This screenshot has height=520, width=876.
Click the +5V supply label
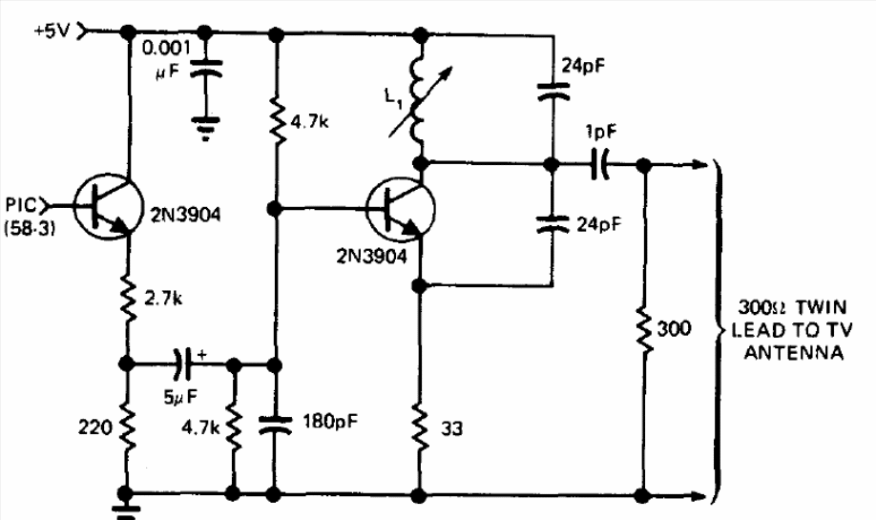(x=52, y=31)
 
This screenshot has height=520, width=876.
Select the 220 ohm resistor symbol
(x=128, y=427)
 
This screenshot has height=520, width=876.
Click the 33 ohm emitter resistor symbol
(x=420, y=427)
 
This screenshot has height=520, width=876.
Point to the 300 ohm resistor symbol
(x=644, y=331)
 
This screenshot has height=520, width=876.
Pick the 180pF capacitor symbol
(x=274, y=425)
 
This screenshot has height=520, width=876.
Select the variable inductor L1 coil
(x=417, y=100)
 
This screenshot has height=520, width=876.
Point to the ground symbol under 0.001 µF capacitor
(x=205, y=127)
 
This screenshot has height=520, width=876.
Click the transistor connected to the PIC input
(x=107, y=207)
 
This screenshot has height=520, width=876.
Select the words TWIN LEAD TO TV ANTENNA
(x=793, y=330)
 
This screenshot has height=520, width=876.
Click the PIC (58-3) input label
(x=27, y=217)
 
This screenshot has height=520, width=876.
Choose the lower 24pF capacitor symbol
(x=553, y=224)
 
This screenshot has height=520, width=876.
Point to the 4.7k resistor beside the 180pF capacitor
(x=234, y=427)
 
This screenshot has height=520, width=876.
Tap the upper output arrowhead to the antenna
(x=700, y=164)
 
